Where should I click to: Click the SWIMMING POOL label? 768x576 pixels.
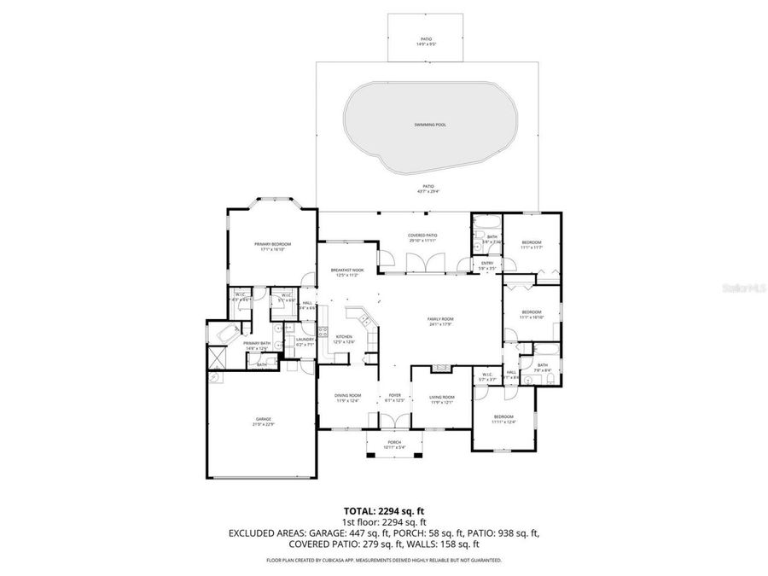pyautogui.click(x=430, y=125)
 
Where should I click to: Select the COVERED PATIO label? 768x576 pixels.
pyautogui.click(x=422, y=237)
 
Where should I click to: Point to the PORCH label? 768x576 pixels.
pyautogui.click(x=394, y=443)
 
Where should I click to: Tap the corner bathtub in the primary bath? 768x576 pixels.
pyautogui.click(x=229, y=334)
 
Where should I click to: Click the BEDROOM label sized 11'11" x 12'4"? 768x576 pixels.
pyautogui.click(x=503, y=418)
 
